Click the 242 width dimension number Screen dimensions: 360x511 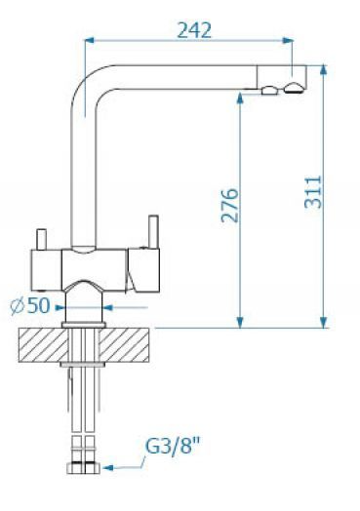(194, 31)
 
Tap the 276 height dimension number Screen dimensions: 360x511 (229, 206)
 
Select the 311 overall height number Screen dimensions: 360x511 (313, 192)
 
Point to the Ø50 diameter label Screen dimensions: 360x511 (30, 305)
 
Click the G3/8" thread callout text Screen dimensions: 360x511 (172, 446)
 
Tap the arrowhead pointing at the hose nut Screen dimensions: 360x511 (108, 468)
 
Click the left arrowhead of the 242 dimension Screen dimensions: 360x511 (90, 40)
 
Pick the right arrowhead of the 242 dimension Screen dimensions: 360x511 (288, 40)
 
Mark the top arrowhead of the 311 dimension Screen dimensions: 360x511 (323, 70)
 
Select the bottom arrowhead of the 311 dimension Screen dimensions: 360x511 (323, 323)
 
